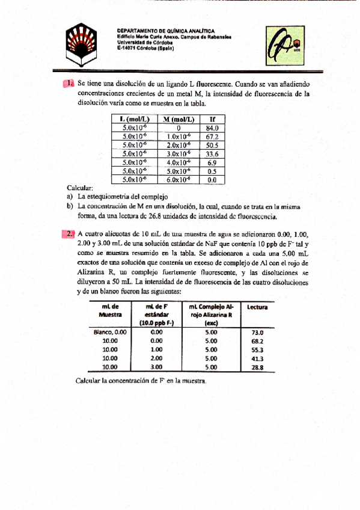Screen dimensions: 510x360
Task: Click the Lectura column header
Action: pos(257,308)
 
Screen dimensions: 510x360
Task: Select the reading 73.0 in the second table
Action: pos(257,332)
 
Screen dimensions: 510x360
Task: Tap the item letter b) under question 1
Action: pos(70,206)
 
